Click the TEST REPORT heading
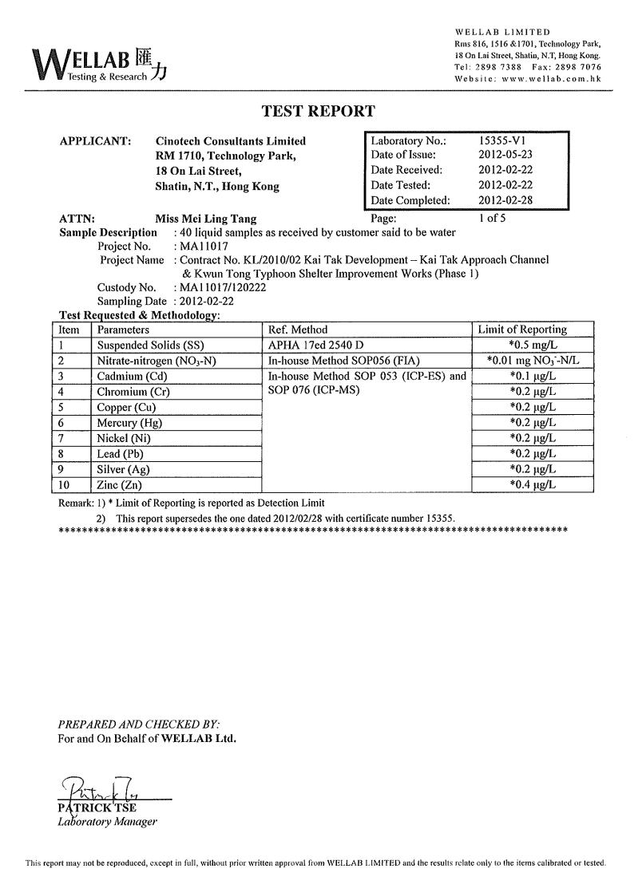click(318, 112)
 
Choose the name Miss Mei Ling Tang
click(206, 218)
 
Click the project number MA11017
click(203, 247)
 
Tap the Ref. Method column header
click(299, 330)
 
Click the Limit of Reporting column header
click(521, 330)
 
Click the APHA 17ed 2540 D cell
click(316, 345)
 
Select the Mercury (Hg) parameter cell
click(129, 423)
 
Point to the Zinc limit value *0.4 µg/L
click(533, 485)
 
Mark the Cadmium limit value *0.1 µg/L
click(533, 376)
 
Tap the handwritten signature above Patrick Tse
click(102, 788)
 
